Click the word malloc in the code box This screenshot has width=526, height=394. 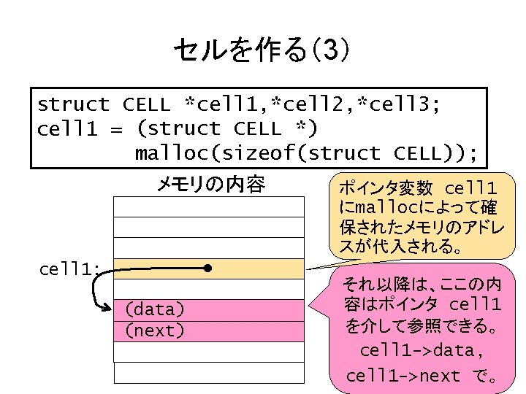click(172, 153)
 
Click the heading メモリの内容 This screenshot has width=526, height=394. click(210, 185)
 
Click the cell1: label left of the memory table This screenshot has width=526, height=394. click(70, 269)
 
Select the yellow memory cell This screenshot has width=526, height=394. click(209, 269)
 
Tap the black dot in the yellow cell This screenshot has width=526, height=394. click(209, 269)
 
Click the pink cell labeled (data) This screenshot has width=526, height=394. click(209, 310)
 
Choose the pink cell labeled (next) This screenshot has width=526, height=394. click(209, 331)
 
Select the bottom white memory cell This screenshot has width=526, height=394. click(209, 373)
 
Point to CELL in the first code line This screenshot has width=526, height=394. click(145, 105)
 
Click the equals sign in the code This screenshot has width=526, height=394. click(115, 129)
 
